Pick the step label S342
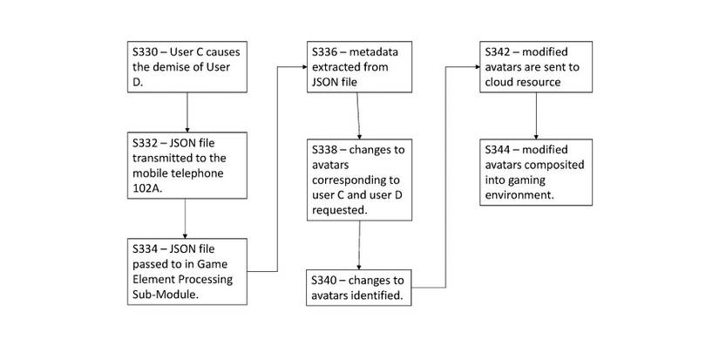(500, 51)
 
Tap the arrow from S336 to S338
(359, 112)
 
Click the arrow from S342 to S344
(535, 112)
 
